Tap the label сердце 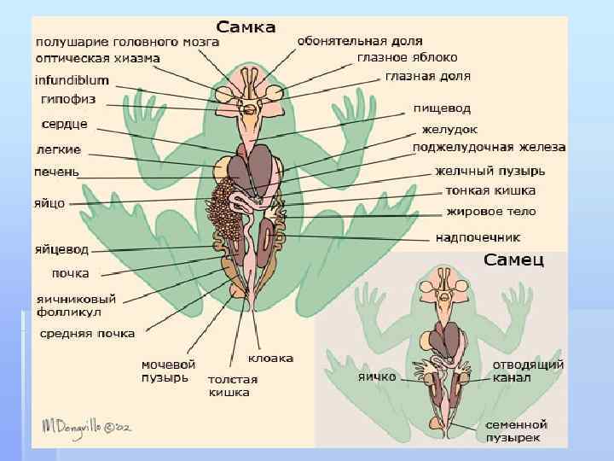tap(65, 125)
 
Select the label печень tap(56, 172)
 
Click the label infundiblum tap(72, 80)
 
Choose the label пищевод tap(442, 109)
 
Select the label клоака tap(271, 358)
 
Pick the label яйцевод tap(61, 250)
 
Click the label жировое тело tap(489, 210)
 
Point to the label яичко tap(377, 375)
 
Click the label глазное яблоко tap(411, 57)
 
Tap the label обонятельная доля tap(359, 40)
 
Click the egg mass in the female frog tap(226, 213)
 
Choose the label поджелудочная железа tap(489, 148)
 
